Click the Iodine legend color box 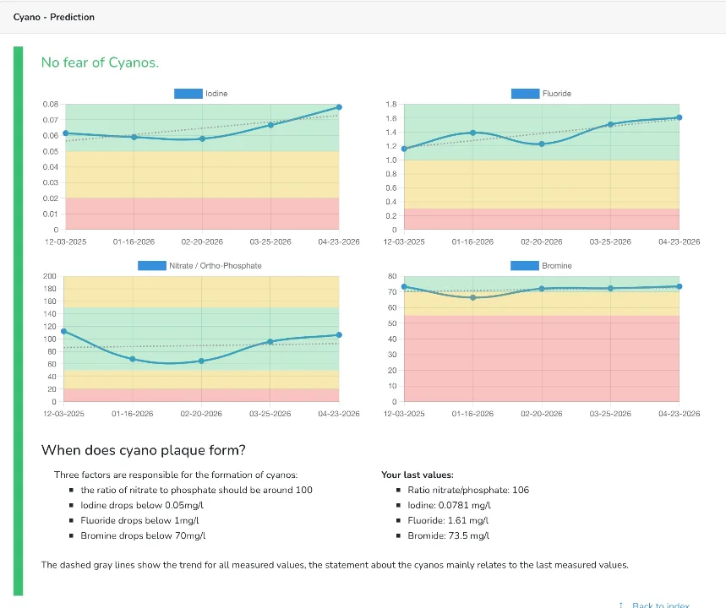click(188, 94)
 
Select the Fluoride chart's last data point click(679, 117)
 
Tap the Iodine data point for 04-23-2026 click(339, 107)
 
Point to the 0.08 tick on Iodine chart click(51, 104)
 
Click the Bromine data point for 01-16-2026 click(472, 297)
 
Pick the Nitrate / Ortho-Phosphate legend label click(216, 266)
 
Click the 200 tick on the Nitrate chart click(50, 276)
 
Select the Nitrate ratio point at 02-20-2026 click(201, 361)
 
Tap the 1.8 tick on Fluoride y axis click(391, 104)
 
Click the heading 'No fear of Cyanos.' click(100, 62)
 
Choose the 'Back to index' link click(661, 605)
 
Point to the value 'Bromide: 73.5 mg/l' click(448, 535)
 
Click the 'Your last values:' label click(418, 475)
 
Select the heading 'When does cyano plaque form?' click(144, 450)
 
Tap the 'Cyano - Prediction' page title click(54, 17)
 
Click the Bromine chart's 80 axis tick click(392, 276)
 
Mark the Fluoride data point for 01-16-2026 click(472, 133)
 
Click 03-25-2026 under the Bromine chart click(610, 414)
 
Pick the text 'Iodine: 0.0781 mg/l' click(449, 505)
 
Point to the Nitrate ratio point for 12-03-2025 click(64, 331)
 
